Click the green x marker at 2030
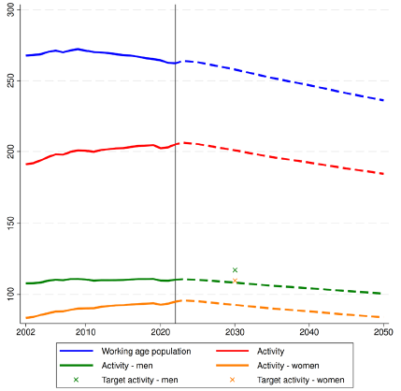(x=235, y=270)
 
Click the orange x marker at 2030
(x=235, y=280)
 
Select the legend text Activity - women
(x=288, y=365)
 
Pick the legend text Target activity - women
(x=302, y=380)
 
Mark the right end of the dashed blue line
(x=383, y=100)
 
